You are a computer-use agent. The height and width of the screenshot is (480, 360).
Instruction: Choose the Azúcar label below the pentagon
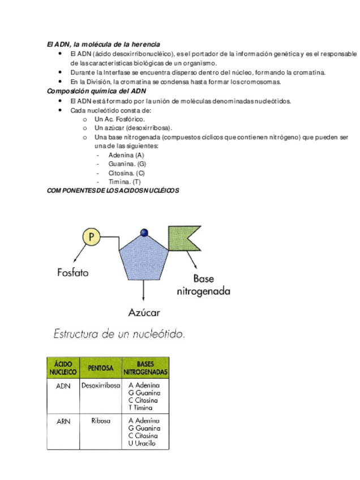pos(144,312)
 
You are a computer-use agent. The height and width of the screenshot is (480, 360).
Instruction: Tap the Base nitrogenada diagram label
pos(203,286)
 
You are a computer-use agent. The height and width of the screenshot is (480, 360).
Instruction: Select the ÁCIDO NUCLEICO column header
pos(63,369)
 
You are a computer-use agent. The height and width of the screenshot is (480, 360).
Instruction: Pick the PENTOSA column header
pos(101,369)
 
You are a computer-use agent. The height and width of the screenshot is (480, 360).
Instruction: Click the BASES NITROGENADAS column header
pos(145,369)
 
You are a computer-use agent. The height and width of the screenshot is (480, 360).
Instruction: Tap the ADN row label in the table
pos(63,386)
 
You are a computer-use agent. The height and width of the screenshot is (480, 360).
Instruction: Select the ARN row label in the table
pos(63,421)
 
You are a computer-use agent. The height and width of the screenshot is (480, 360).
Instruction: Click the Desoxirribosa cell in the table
pos(101,386)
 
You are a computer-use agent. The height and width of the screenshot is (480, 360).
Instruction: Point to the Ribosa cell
pos(101,421)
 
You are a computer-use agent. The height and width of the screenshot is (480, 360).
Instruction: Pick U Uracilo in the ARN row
pos(142,443)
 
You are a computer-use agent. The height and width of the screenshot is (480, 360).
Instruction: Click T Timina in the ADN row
pos(140,408)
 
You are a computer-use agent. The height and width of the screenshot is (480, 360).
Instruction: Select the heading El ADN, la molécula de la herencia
pos(103,44)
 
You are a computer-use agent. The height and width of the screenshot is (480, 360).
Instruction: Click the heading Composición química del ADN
pos(97,91)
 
